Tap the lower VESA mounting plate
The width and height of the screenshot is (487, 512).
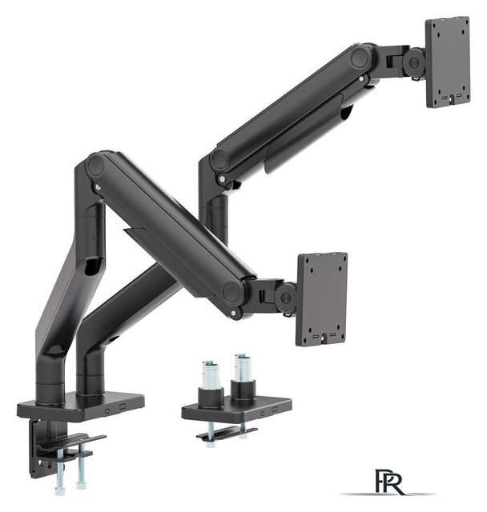[x=322, y=298]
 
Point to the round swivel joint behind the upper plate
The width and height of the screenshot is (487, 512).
[x=415, y=62]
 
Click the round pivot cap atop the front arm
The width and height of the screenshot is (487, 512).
[x=96, y=166]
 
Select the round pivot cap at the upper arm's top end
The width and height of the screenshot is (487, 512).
[x=360, y=58]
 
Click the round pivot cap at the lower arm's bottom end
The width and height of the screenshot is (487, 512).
[x=234, y=292]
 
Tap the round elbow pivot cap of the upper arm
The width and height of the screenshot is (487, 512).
[x=219, y=161]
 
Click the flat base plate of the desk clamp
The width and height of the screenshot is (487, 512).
[x=80, y=405]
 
